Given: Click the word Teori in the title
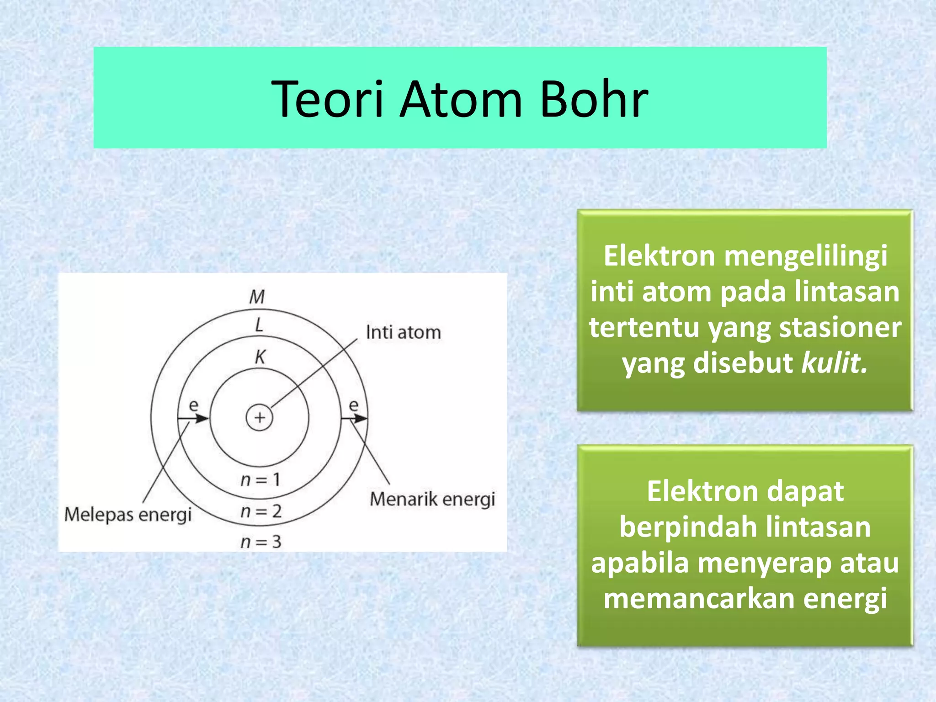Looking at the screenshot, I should coord(327,99).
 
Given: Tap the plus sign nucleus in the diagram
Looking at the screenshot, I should coord(260,417).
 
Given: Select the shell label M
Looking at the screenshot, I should coord(257,297).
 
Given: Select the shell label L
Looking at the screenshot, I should coord(259,325).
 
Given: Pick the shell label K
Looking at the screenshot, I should coord(260,356).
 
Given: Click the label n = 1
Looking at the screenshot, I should coord(260,479).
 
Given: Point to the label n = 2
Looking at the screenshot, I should coord(261,511).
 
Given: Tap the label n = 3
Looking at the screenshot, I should coord(261,542).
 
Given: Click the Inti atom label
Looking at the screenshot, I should coord(403,332).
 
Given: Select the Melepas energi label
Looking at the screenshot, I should coord(128,515).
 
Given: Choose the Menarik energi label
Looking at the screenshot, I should coord(432,499).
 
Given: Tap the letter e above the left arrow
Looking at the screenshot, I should coord(194,405).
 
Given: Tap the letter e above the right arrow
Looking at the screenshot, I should coord(354,405).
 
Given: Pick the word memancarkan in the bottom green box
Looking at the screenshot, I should coord(699,598).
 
